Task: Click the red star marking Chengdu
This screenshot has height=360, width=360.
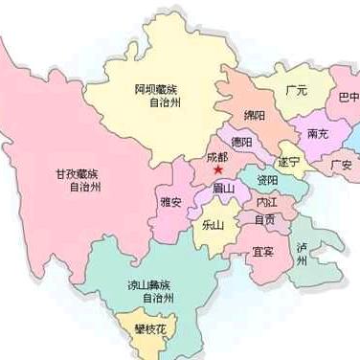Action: [218, 171]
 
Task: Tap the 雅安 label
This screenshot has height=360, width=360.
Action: [172, 202]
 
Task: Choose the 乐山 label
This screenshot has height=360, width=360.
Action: [212, 226]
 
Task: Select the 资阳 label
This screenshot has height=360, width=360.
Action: [267, 180]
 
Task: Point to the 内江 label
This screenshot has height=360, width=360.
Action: [264, 203]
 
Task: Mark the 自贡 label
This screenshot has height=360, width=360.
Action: [264, 219]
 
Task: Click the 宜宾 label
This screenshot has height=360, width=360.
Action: [262, 253]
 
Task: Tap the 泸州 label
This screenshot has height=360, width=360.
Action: [303, 253]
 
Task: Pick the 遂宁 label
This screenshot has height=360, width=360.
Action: [288, 160]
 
